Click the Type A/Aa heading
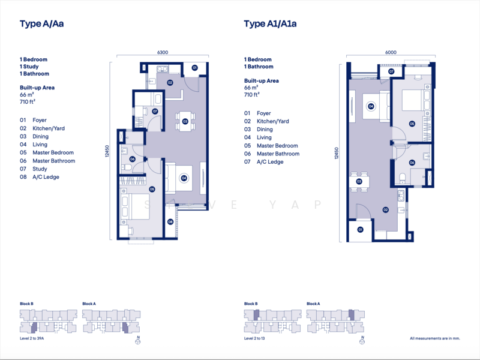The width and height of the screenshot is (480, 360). tap(41, 24)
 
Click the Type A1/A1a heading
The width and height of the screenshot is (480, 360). tap(270, 24)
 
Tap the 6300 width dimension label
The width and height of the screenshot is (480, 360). tap(163, 52)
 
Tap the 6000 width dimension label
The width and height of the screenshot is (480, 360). tap(391, 52)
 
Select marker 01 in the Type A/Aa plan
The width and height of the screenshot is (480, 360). tap(194, 68)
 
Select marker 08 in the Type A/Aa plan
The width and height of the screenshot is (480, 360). tap(170, 221)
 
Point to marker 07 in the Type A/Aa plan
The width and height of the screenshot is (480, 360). tap(155, 112)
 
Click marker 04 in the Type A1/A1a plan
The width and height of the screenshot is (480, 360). tap(371, 106)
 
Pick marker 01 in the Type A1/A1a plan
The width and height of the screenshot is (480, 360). tap(361, 229)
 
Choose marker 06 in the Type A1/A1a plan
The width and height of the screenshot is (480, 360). tap(412, 163)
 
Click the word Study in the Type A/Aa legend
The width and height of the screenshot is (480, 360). tap(40, 169)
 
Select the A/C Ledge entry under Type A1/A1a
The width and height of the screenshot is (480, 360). tap(263, 162)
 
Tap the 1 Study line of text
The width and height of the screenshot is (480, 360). tap(29, 67)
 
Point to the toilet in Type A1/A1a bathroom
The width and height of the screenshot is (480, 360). tap(402, 178)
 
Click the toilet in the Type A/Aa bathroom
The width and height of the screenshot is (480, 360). tap(127, 167)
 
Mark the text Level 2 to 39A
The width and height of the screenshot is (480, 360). tap(32, 338)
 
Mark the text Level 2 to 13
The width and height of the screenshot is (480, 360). tap(254, 338)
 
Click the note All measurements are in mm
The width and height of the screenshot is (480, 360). tap(434, 338)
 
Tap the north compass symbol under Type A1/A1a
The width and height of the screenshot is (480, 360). tap(362, 340)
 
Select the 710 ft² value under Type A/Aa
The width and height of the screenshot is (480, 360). tap(28, 101)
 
